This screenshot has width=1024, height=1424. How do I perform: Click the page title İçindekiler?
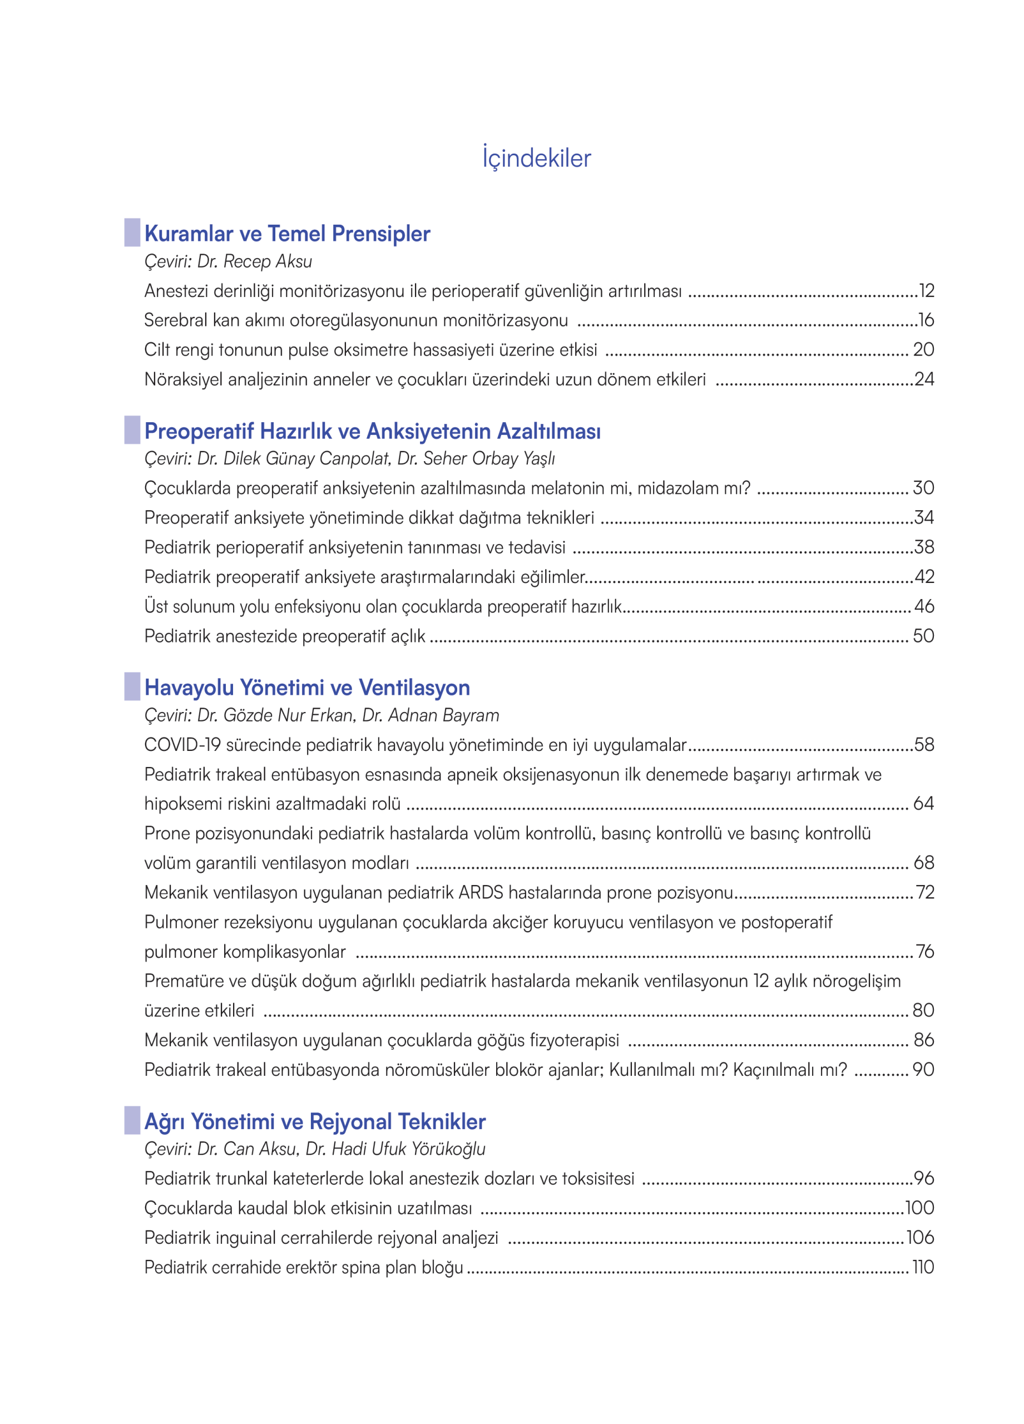click(536, 157)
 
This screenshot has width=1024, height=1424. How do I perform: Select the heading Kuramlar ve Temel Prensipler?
click(287, 234)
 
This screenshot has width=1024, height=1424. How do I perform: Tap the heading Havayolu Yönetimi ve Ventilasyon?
click(307, 688)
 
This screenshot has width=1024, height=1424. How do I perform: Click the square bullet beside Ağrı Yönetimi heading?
click(132, 1120)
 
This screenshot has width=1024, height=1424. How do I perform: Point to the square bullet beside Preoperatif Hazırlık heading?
click(132, 430)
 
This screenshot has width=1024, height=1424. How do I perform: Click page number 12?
click(926, 291)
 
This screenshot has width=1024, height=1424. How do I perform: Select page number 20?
click(923, 350)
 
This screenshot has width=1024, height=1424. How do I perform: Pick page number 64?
click(923, 804)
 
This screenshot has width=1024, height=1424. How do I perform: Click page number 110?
click(923, 1267)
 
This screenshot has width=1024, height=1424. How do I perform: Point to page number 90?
click(923, 1069)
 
